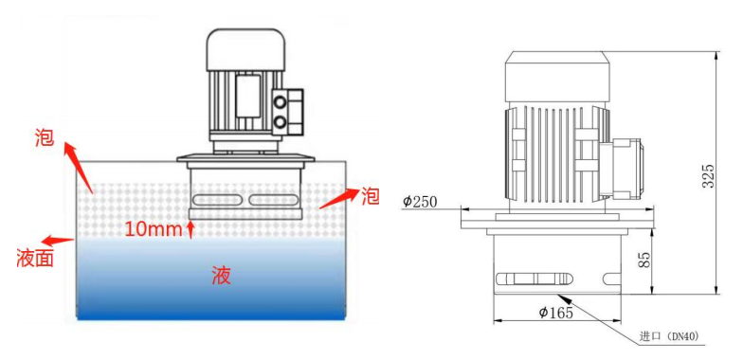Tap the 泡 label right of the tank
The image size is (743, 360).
tap(370, 197)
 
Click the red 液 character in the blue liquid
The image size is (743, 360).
tap(221, 276)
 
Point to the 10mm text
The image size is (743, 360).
tap(153, 228)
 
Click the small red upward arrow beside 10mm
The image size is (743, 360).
tap(192, 229)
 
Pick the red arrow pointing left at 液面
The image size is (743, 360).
tap(57, 241)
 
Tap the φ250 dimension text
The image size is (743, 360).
tap(419, 201)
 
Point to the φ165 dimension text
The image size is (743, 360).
tap(554, 313)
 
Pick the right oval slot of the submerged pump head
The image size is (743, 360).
tap(275, 200)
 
